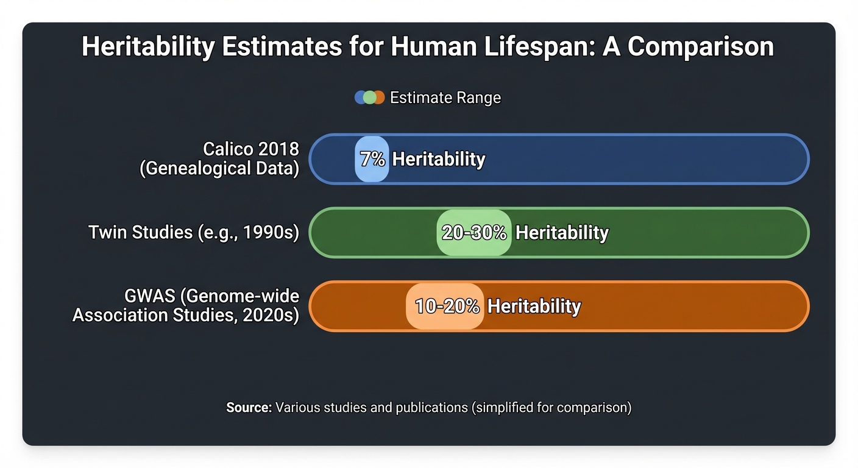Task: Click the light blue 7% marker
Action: pos(372,159)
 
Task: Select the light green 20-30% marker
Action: pos(473,233)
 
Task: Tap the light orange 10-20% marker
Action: pos(445,306)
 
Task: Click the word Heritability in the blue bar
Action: pos(439,159)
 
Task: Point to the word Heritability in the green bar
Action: pos(562,233)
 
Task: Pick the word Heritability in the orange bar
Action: pos(534,306)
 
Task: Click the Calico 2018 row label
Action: pos(251,149)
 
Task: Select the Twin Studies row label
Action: pos(194,233)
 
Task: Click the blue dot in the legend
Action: pos(361,97)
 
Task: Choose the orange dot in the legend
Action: pos(379,97)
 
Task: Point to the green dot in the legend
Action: pos(370,97)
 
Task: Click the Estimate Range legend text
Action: pos(445,97)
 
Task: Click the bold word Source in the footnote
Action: pos(249,408)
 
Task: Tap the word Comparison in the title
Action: pos(701,48)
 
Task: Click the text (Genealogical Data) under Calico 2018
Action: pos(219,168)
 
